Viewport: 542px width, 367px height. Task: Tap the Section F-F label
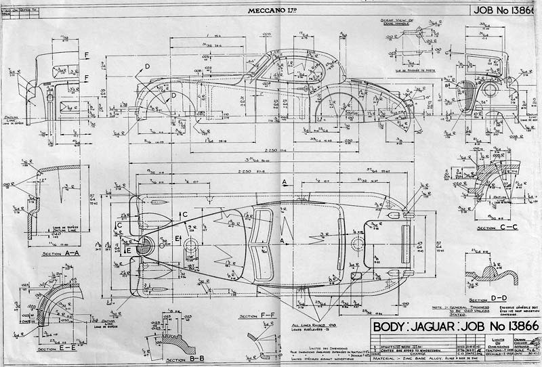(x=258, y=316)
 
